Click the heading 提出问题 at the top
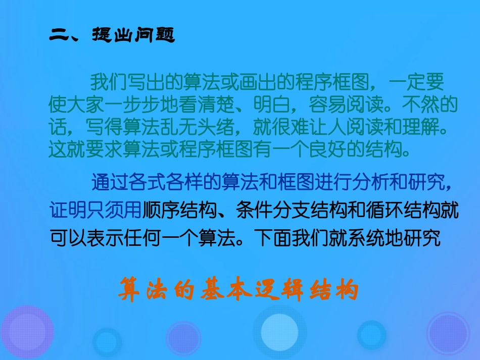coord(133,35)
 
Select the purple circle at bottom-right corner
coord(448,333)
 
